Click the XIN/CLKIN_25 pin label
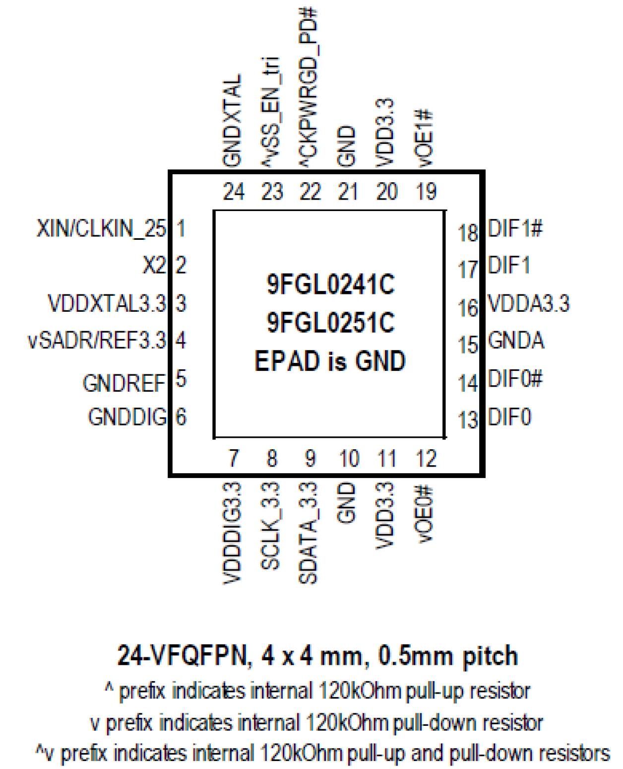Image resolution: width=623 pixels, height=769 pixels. tap(101, 228)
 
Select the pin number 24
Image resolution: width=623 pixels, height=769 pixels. tap(234, 192)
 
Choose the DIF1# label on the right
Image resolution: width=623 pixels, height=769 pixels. tap(515, 228)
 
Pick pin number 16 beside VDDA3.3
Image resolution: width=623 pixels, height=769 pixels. tap(467, 308)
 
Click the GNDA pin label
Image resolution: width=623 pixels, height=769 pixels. tap(516, 341)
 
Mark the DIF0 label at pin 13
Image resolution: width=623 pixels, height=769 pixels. tap(509, 417)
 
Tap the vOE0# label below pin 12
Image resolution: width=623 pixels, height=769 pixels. tap(425, 514)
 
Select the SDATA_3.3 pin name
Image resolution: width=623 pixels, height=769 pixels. tap(309, 533)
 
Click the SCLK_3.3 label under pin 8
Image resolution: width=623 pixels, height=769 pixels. tap(271, 526)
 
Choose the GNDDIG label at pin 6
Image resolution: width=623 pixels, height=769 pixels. tap(127, 417)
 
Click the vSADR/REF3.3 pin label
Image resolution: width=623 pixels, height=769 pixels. tap(97, 341)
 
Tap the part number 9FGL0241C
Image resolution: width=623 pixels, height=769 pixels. tap(330, 284)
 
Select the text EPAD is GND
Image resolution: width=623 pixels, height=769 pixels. tap(330, 361)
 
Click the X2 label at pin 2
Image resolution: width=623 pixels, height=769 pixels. tap(154, 265)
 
